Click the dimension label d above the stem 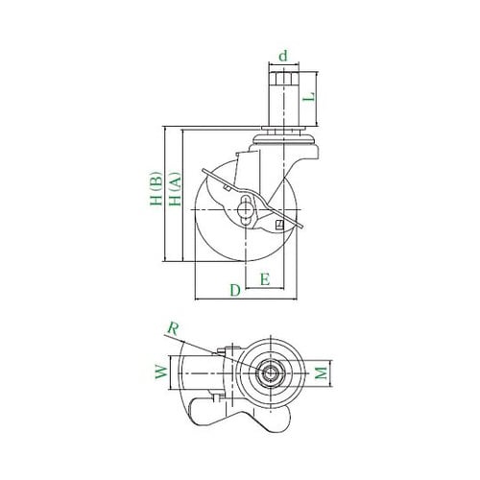[283, 56]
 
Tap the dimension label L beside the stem [309, 97]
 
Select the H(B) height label [156, 189]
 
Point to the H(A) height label [176, 189]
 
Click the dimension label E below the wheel [265, 279]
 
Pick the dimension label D [235, 290]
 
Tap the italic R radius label [173, 328]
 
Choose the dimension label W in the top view [162, 372]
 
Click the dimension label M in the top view [321, 372]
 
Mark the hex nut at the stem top [283, 78]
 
